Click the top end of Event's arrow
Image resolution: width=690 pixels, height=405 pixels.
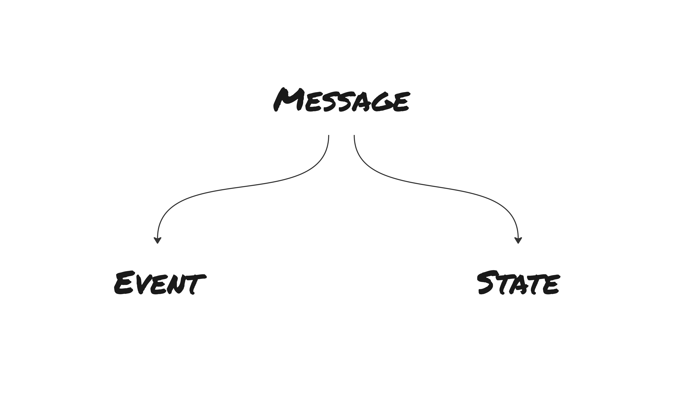click(329, 136)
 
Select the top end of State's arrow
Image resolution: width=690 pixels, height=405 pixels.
click(354, 136)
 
